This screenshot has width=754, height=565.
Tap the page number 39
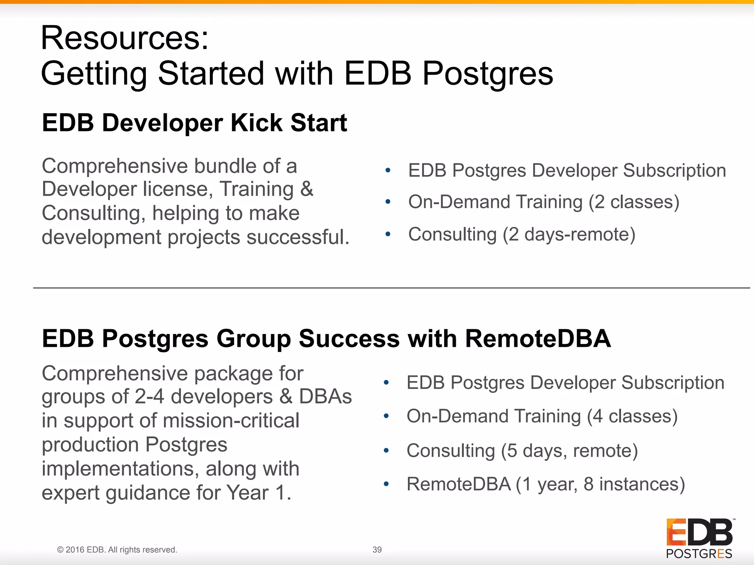tap(377, 550)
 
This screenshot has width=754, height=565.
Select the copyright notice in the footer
tap(117, 550)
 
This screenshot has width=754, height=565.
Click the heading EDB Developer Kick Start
tap(194, 123)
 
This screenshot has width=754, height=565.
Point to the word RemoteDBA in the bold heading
tap(538, 338)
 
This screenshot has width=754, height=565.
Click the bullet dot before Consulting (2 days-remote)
tap(388, 234)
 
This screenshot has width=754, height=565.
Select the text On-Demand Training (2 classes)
tap(543, 202)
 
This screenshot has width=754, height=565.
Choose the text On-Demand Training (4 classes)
tap(542, 416)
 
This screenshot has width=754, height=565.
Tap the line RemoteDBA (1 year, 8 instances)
tap(546, 484)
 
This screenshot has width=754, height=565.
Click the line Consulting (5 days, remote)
tap(522, 451)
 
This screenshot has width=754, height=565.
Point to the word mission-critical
tap(231, 420)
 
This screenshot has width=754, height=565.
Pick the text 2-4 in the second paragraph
tap(149, 397)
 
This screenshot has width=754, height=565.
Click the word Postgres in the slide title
tap(487, 74)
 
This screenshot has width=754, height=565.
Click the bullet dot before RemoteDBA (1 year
tap(386, 484)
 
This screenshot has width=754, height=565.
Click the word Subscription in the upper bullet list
tap(674, 171)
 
